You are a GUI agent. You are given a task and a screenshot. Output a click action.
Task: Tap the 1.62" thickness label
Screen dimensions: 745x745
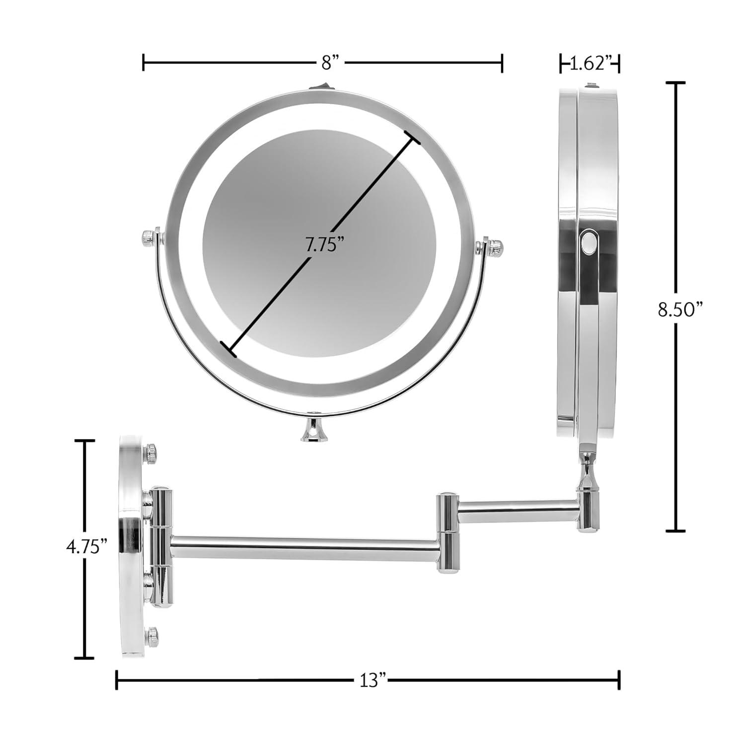(590, 63)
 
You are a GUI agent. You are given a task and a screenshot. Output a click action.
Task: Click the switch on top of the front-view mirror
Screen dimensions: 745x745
(321, 87)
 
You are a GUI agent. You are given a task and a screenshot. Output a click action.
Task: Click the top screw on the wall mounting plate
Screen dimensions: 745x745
(151, 453)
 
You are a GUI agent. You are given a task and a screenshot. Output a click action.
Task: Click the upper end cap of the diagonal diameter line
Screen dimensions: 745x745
(412, 138)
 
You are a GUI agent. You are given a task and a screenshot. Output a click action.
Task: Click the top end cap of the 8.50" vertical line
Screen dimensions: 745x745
(675, 83)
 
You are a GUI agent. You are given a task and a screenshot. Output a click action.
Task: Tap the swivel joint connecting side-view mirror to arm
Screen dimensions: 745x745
(586, 472)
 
